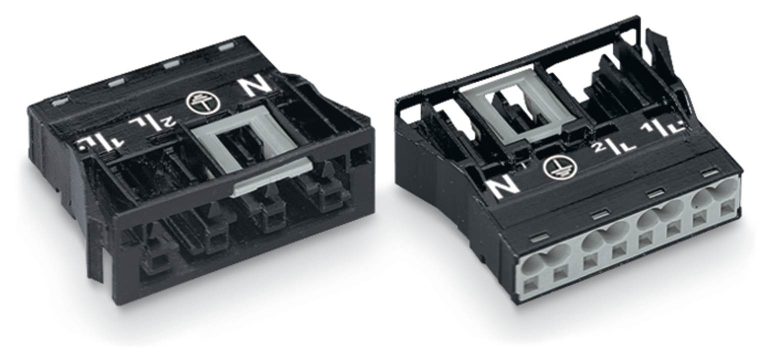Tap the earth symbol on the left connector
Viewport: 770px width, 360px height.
[x=203, y=102]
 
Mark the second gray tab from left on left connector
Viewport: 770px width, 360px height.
[x=117, y=82]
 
